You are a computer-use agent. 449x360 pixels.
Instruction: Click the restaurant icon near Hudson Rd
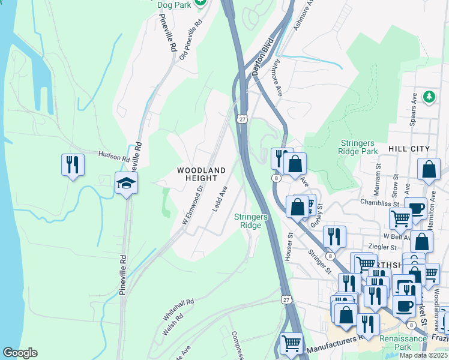pyautogui.click(x=73, y=164)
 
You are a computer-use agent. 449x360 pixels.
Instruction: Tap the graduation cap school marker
pyautogui.click(x=127, y=183)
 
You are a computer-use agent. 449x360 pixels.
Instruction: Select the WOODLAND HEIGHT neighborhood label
pyautogui.click(x=202, y=174)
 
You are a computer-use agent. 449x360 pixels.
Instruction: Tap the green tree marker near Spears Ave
pyautogui.click(x=429, y=96)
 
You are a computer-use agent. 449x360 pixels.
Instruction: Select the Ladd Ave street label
pyautogui.click(x=220, y=199)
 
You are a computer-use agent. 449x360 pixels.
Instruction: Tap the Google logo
pyautogui.click(x=20, y=353)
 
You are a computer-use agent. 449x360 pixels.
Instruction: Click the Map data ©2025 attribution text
pyautogui.click(x=424, y=355)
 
